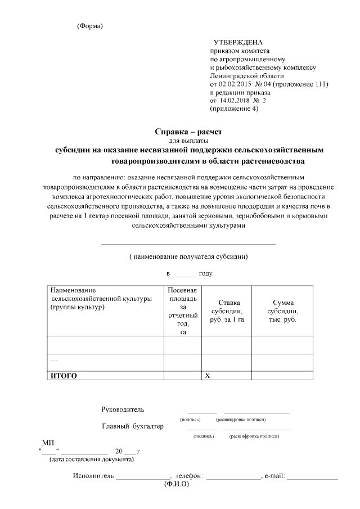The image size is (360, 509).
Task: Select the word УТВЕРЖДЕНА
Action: [238, 43]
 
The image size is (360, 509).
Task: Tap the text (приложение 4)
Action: [234, 109]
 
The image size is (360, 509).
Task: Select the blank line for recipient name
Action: [188, 244]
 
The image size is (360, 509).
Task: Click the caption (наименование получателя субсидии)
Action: [188, 256]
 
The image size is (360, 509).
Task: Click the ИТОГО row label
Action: [64, 375]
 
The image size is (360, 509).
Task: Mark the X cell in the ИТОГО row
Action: [208, 375]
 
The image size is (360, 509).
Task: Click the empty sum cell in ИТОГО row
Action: [282, 375]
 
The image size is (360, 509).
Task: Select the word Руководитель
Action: [123, 409]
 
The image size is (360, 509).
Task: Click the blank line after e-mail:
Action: [313, 478]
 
